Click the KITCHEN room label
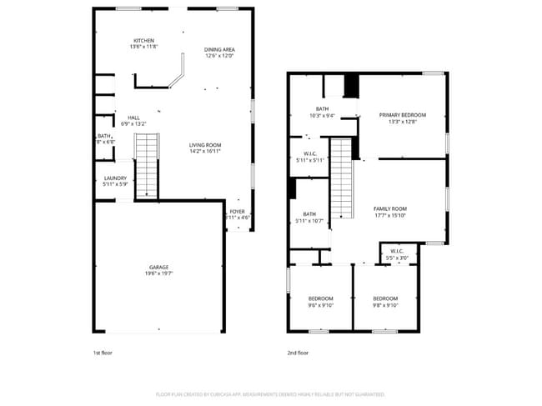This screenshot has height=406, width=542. tap(143, 41)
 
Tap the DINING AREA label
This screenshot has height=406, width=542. tap(219, 50)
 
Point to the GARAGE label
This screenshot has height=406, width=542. tap(159, 267)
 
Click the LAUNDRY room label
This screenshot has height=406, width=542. tap(115, 178)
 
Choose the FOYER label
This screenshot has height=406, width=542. tap(238, 212)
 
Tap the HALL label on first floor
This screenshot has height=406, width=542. tap(133, 118)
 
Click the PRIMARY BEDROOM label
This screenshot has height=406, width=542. tap(402, 114)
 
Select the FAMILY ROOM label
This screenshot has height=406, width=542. tap(389, 208)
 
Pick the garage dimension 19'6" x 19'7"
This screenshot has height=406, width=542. tap(159, 273)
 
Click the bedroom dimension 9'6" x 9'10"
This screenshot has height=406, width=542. tap(321, 305)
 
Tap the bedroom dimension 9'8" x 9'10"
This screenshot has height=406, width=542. tap(385, 305)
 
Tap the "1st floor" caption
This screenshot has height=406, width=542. tap(102, 353)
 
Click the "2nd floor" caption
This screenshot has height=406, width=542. tap(298, 353)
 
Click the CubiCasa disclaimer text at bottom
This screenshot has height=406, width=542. tap(270, 393)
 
